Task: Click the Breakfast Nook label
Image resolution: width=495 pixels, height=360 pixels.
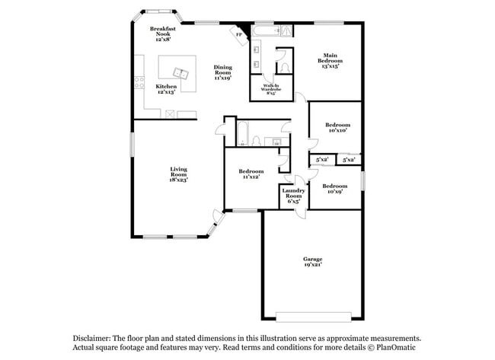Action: [x=163, y=34]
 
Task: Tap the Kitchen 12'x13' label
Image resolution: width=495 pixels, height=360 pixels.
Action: [x=166, y=90]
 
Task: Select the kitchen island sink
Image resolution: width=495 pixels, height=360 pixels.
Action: [x=180, y=73]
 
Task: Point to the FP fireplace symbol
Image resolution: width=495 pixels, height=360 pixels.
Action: [x=238, y=33]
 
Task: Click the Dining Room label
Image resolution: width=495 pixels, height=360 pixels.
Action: [x=222, y=72]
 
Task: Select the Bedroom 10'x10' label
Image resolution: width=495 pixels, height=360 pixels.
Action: [x=337, y=127]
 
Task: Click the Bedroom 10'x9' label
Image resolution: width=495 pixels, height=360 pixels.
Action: [x=334, y=189]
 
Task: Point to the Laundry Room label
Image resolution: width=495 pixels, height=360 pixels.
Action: [x=294, y=196]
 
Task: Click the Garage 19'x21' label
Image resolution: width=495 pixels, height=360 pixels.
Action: [x=312, y=263]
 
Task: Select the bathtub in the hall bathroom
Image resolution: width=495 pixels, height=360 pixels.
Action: [x=241, y=132]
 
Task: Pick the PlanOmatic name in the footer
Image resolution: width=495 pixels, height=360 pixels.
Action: [x=397, y=348]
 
